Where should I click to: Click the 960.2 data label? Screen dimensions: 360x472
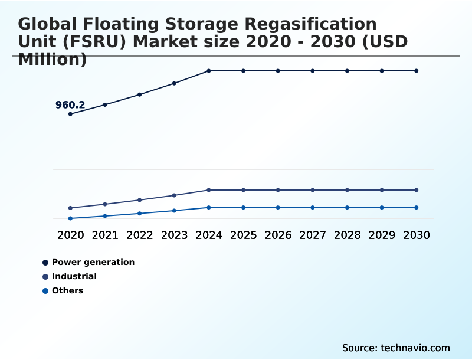(x=70, y=105)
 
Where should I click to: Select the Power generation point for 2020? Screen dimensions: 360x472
(x=71, y=114)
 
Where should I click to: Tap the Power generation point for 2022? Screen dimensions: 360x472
(x=140, y=94)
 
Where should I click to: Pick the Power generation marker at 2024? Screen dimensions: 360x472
(x=209, y=71)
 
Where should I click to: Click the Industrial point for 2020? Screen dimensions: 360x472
(x=71, y=208)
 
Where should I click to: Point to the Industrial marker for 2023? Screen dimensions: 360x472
(x=174, y=195)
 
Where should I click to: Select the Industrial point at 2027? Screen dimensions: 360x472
(x=313, y=190)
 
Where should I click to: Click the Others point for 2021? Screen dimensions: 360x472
(x=105, y=216)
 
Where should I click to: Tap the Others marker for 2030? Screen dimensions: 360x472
(x=417, y=207)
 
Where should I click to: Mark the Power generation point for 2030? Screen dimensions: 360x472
(x=417, y=71)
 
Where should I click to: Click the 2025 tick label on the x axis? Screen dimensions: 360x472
(x=243, y=235)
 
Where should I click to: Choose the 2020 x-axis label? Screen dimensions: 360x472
(x=71, y=235)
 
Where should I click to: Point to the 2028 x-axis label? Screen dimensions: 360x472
(x=347, y=235)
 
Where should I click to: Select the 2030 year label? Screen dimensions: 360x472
(x=417, y=235)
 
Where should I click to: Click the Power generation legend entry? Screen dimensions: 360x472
(x=93, y=262)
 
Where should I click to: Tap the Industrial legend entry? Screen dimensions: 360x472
(x=74, y=276)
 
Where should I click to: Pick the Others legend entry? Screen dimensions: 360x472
(x=67, y=290)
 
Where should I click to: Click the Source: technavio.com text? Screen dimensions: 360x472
(x=396, y=348)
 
